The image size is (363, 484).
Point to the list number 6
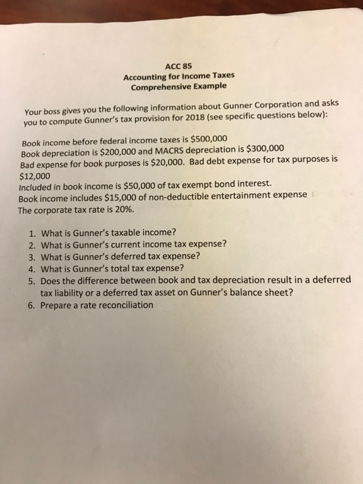(x=32, y=304)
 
